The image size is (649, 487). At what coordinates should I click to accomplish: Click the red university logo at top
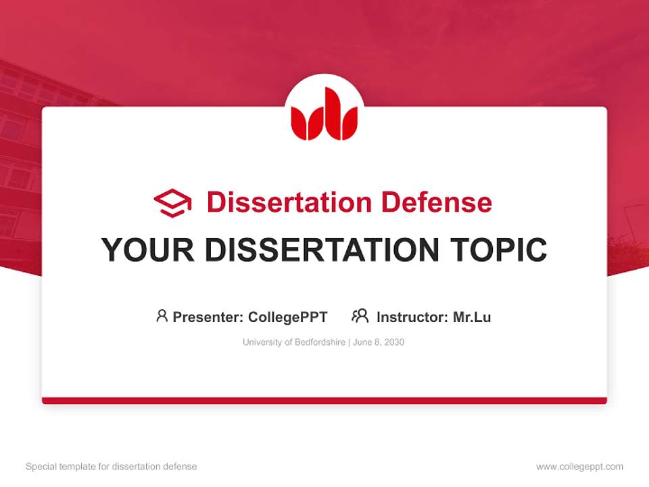pos(324,114)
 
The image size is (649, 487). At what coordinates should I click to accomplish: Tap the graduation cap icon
pos(172,203)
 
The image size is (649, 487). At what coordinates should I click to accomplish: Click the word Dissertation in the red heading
pos(289,202)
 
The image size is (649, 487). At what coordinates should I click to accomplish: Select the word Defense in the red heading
pos(437,202)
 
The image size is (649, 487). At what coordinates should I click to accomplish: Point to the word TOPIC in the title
pos(498,250)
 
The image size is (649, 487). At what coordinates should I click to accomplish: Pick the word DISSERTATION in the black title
pos(322,250)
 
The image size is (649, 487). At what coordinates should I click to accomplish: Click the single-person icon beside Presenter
pos(162,316)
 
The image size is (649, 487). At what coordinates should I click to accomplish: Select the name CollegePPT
pos(288,317)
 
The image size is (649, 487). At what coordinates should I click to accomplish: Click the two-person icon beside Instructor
pos(360,316)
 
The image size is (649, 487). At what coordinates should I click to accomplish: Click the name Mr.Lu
pos(472,317)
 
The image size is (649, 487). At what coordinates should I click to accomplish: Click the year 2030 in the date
pos(394,342)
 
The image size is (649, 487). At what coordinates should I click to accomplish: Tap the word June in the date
pos(362,342)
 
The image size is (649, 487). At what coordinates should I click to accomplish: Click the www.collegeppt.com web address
pos(579,467)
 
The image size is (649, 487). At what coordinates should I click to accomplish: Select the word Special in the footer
pos(41,467)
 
